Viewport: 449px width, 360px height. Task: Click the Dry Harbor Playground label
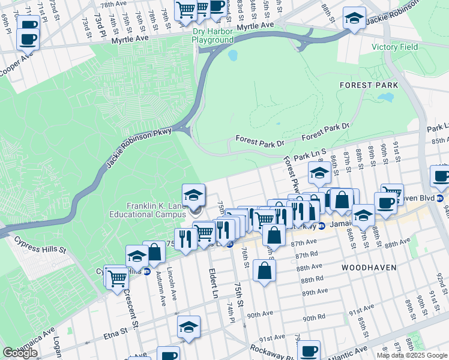click(212, 35)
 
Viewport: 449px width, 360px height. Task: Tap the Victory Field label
click(393, 47)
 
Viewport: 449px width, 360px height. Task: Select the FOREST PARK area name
click(364, 85)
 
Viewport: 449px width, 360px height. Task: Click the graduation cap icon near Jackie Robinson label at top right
click(355, 19)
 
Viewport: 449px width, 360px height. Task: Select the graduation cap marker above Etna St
click(188, 328)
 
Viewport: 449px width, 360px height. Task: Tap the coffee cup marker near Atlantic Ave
click(309, 352)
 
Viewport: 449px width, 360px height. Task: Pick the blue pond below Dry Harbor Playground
click(232, 56)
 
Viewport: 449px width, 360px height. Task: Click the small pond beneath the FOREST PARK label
click(388, 97)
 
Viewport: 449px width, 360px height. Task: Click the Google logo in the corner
click(20, 353)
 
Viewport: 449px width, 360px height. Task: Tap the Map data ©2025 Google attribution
click(412, 355)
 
